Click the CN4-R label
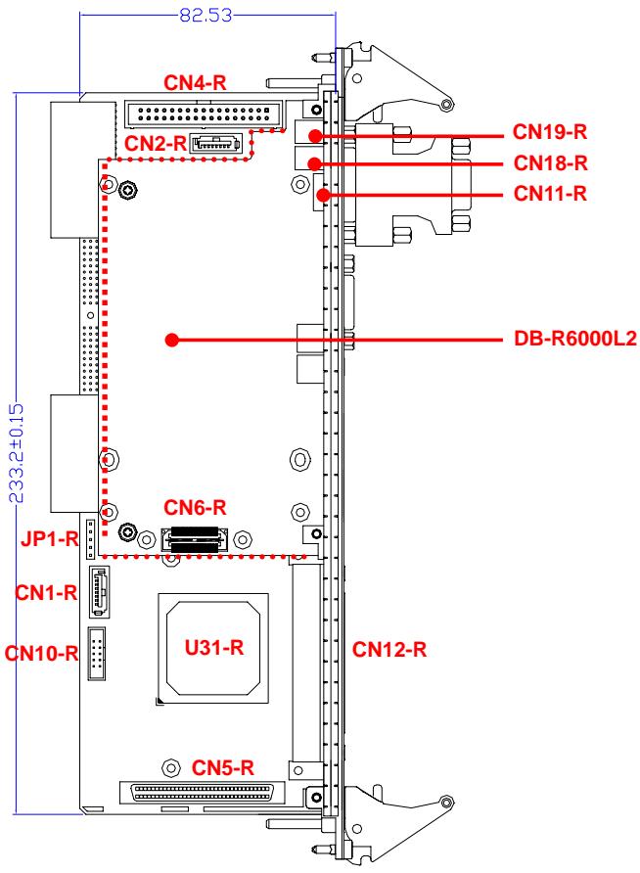[x=195, y=83]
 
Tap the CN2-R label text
[x=156, y=144]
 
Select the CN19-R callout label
[x=549, y=132]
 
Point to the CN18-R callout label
[x=550, y=163]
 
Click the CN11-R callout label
[x=550, y=194]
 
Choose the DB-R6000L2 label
[x=574, y=339]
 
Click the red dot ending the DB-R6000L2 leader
[x=172, y=340]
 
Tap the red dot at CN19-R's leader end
[x=315, y=135]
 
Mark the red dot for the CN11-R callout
[x=323, y=195]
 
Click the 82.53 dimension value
[x=206, y=15]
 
